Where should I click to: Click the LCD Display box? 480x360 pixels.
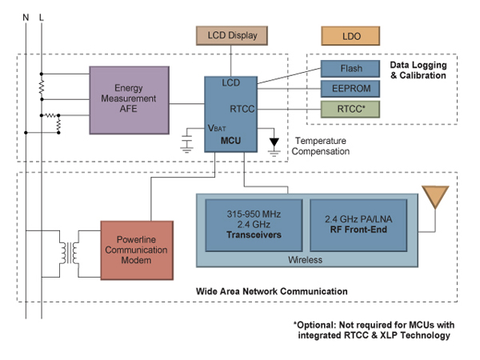point(232,35)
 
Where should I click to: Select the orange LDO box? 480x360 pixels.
point(353,35)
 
